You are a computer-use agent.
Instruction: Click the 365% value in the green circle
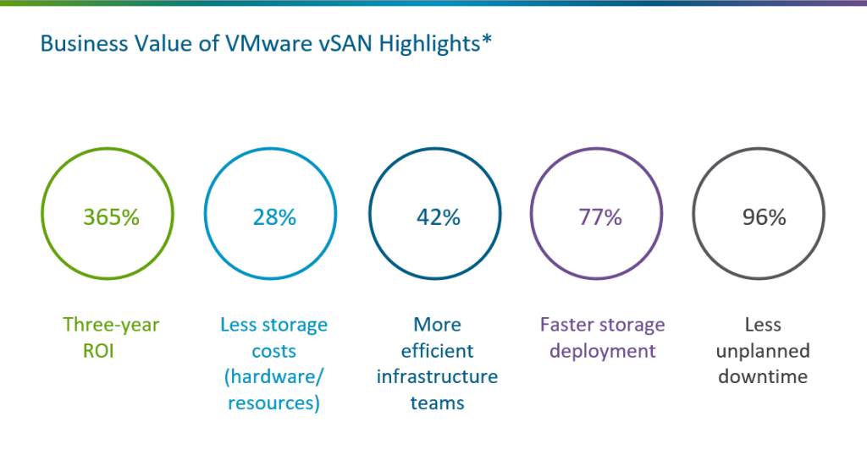pos(111,217)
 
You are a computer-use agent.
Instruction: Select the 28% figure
pos(274,217)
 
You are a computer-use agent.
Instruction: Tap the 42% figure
pos(438,217)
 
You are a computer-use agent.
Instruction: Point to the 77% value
pos(600,217)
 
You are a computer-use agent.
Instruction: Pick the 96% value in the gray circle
pos(764,217)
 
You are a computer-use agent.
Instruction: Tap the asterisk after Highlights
pos(487,41)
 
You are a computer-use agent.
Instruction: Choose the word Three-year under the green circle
pos(111,325)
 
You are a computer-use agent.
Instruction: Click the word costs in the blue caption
pos(274,351)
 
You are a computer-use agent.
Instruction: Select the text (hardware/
pos(274,377)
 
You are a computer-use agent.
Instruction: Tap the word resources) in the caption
pos(274,403)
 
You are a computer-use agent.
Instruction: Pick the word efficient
pos(438,351)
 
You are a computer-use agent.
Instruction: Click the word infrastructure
pos(438,377)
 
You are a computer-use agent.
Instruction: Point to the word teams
pos(438,403)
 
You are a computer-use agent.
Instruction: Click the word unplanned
pos(764,351)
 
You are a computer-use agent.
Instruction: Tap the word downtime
pos(764,377)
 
